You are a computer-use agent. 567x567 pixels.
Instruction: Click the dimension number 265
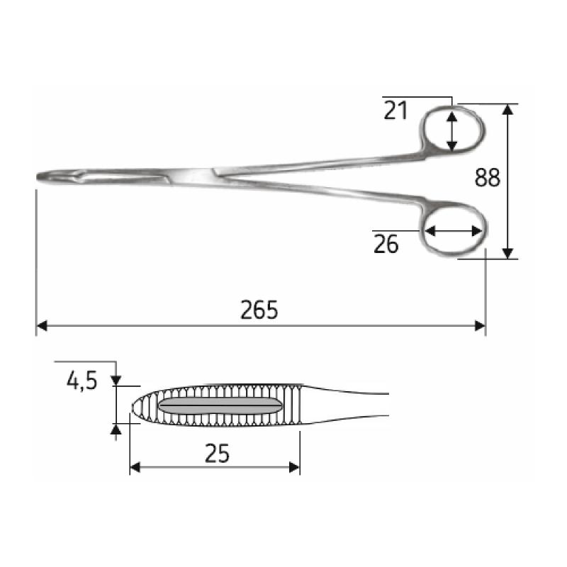[x=259, y=310]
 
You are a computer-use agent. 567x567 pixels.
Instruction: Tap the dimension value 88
[x=488, y=178]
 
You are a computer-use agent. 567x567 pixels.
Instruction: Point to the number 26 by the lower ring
[x=386, y=245]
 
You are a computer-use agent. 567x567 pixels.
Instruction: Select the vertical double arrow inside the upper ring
[x=452, y=130]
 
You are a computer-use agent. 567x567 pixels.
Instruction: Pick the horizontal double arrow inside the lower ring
[x=454, y=231]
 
